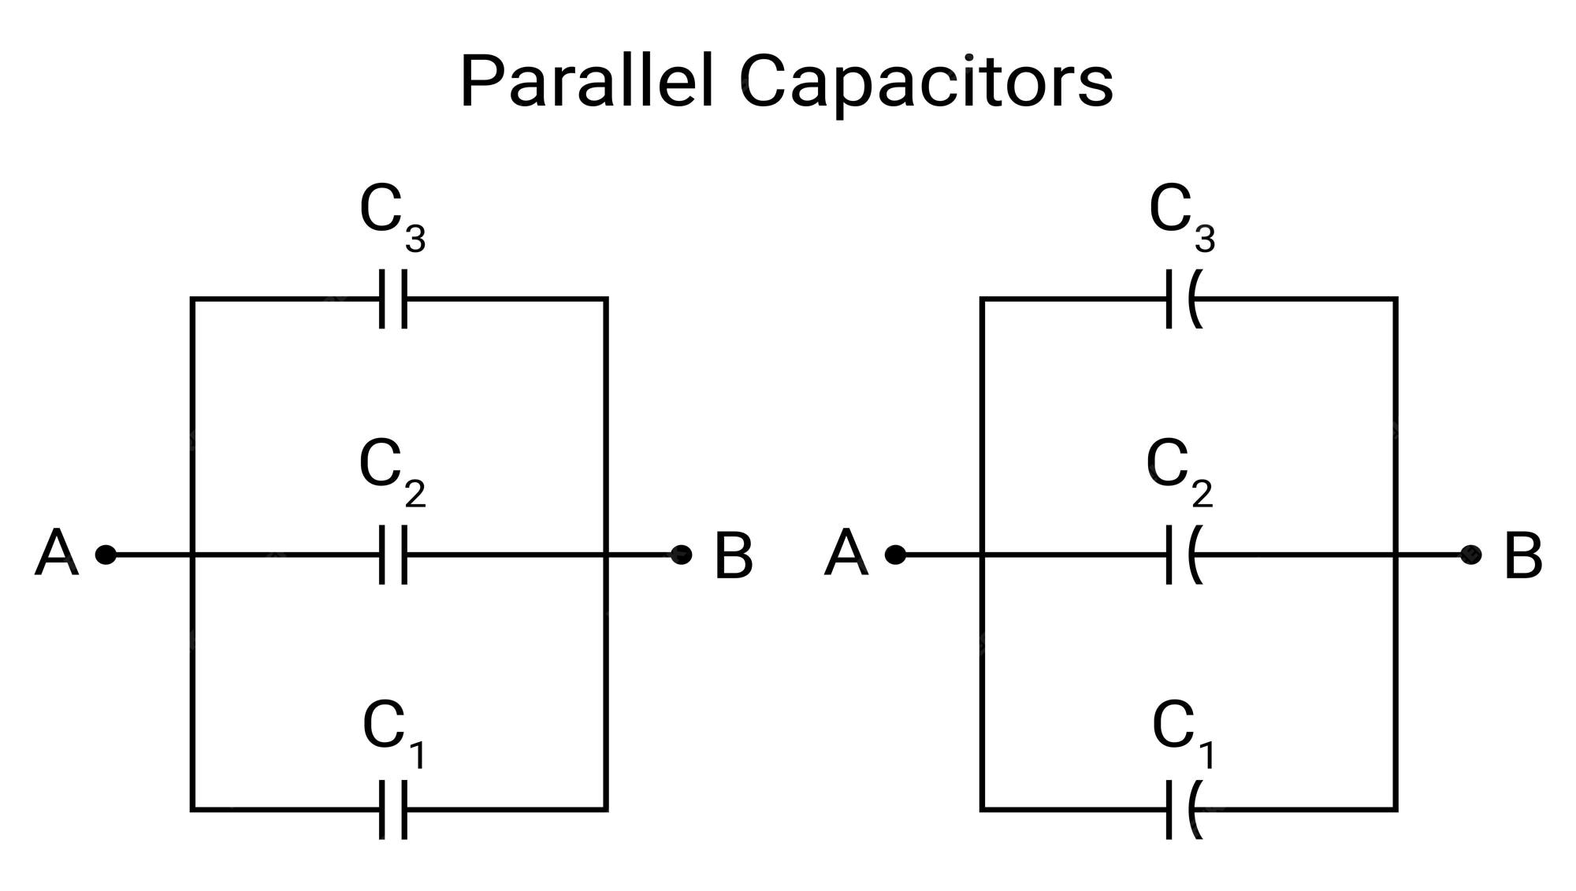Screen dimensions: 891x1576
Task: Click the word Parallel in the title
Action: pyautogui.click(x=587, y=81)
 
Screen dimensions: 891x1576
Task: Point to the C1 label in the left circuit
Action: pyautogui.click(x=394, y=733)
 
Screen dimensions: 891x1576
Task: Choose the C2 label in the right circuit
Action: pyautogui.click(x=1179, y=471)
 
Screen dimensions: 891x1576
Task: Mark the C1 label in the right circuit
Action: pyautogui.click(x=1183, y=733)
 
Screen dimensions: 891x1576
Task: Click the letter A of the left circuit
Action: pyautogui.click(x=57, y=555)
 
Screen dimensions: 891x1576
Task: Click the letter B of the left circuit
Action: pyautogui.click(x=733, y=556)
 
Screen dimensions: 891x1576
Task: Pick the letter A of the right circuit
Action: pyautogui.click(x=846, y=555)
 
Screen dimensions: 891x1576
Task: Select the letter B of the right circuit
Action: pyautogui.click(x=1522, y=556)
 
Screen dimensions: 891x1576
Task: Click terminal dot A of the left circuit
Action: pyautogui.click(x=106, y=555)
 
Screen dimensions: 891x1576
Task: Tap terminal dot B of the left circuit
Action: pyautogui.click(x=682, y=555)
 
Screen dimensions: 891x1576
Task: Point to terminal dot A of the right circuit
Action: pyautogui.click(x=895, y=555)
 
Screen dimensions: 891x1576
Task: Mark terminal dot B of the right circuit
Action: pyautogui.click(x=1470, y=555)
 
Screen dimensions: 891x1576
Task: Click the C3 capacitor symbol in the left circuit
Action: pyautogui.click(x=393, y=299)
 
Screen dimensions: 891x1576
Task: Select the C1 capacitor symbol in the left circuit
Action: pyautogui.click(x=393, y=810)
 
